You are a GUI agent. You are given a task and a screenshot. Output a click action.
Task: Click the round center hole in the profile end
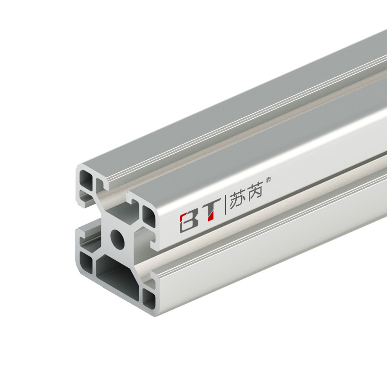point(118,238)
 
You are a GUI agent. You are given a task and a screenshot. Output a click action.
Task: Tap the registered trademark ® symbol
point(269,180)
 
